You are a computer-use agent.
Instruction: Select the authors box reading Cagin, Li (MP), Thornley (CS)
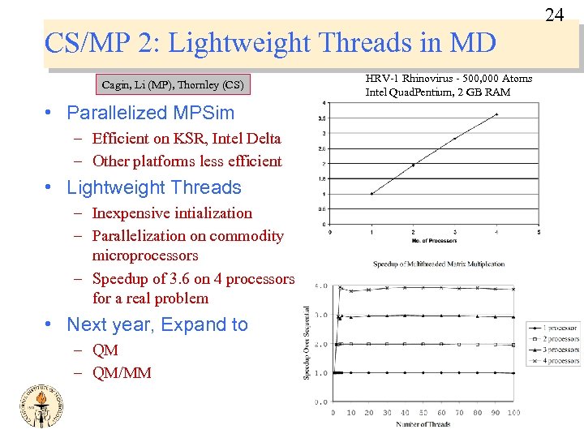172,84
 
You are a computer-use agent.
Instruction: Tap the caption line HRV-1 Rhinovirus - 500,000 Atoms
449,79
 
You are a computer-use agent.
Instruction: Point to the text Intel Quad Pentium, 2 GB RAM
438,92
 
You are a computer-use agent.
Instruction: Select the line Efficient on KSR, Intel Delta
187,139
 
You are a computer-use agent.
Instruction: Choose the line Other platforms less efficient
187,161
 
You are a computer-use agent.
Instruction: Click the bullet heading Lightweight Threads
154,187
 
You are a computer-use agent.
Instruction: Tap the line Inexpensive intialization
172,213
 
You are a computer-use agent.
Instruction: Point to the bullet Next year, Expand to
157,324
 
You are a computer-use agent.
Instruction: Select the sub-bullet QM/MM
122,373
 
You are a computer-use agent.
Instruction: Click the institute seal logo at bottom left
38,405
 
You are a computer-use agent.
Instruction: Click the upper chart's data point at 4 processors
496,114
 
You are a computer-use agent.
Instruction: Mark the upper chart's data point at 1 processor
371,194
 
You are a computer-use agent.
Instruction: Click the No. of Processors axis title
433,241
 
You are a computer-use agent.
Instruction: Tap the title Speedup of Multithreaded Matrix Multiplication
439,264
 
